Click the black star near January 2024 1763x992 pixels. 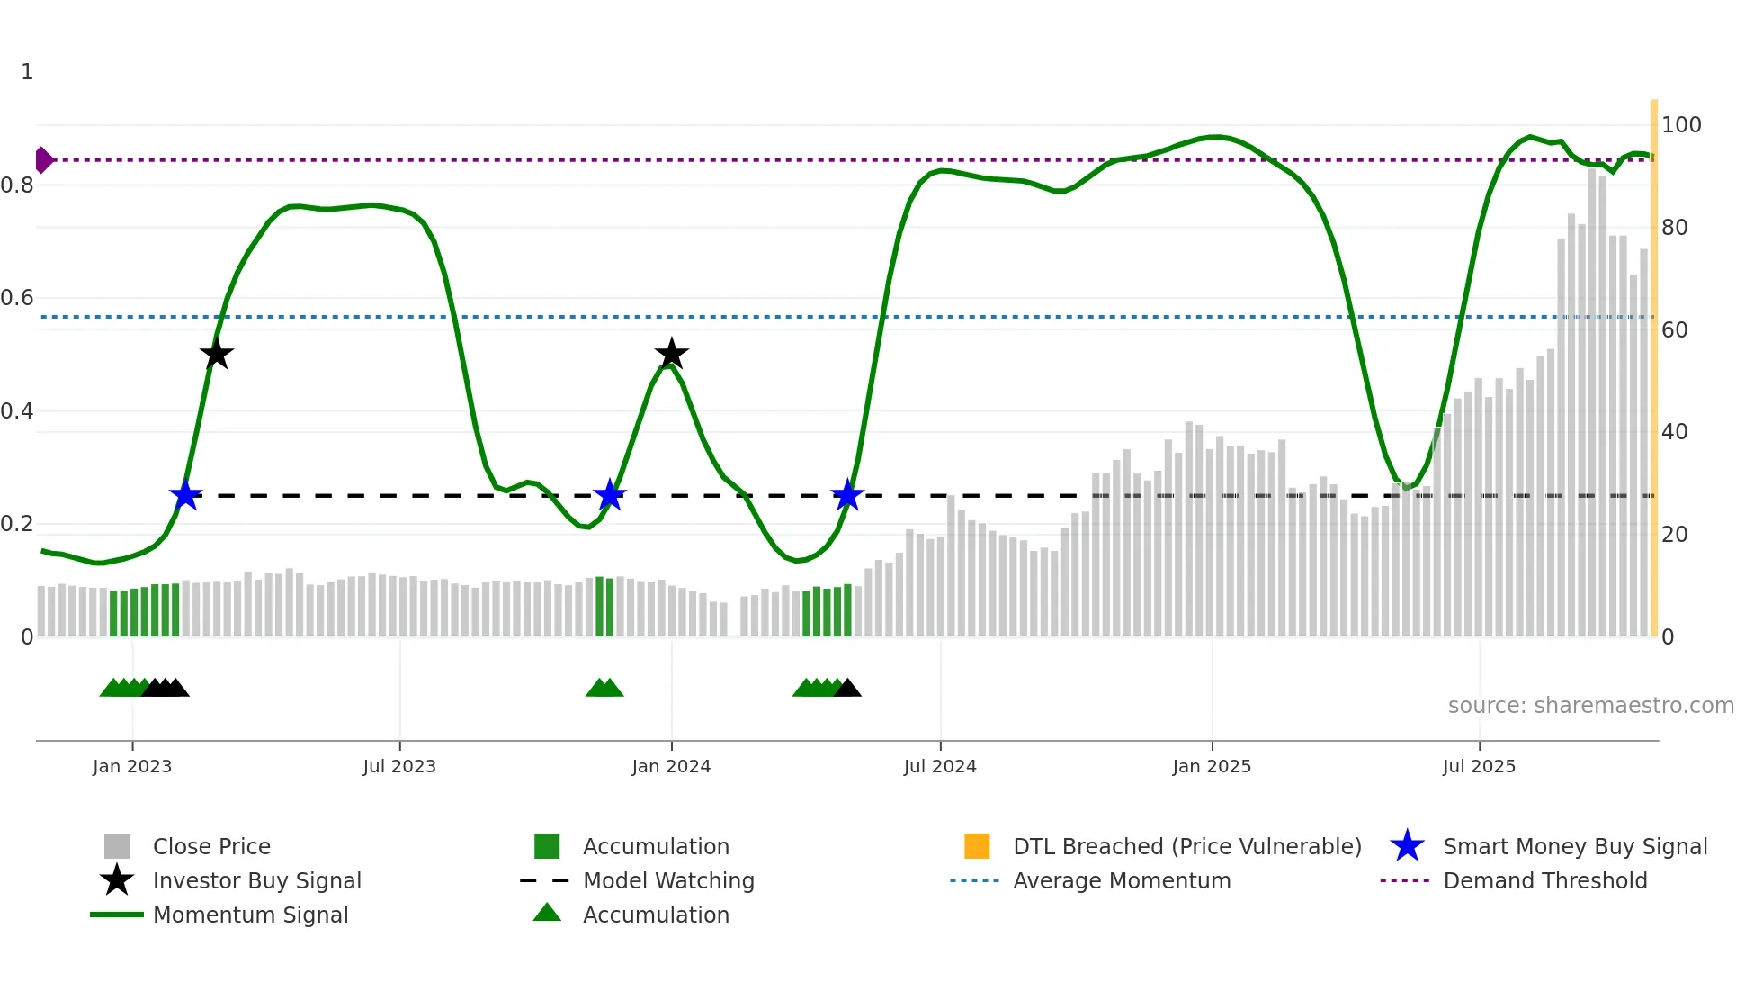(x=671, y=354)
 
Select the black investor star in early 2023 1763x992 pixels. (x=216, y=354)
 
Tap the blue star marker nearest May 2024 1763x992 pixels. (x=847, y=495)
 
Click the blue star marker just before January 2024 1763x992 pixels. (x=610, y=495)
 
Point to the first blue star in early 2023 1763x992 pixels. (x=185, y=495)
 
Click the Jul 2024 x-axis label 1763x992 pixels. (x=940, y=766)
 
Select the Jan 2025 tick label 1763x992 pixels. (x=1212, y=766)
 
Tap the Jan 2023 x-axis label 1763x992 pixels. (x=132, y=766)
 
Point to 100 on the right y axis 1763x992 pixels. (x=1680, y=125)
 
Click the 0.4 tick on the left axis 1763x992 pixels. (x=17, y=411)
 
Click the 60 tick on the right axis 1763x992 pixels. (x=1674, y=330)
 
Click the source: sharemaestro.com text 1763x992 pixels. (x=1590, y=705)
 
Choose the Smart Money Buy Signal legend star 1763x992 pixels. (x=1407, y=846)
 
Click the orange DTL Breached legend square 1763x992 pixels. (x=977, y=846)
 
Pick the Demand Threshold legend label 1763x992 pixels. (x=1544, y=880)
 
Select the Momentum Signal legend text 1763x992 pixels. (x=250, y=915)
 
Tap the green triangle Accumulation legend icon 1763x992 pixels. (x=547, y=913)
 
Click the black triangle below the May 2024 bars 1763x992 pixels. (x=847, y=689)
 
